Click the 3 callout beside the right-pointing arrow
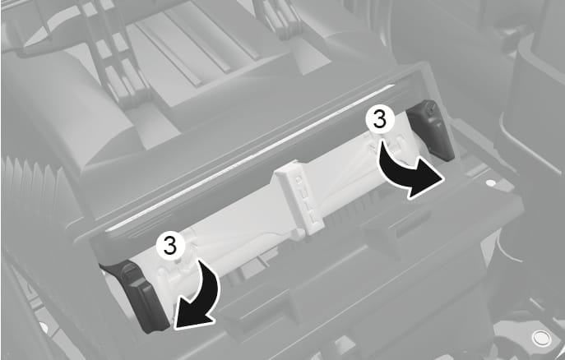[380, 120]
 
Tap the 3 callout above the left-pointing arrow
[170, 247]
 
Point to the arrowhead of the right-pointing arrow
[426, 183]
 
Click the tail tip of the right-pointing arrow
[382, 141]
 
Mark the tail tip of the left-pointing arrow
[198, 261]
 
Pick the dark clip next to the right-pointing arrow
[431, 130]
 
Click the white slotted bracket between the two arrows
[300, 196]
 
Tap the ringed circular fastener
[541, 338]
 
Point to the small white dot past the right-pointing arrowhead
[490, 183]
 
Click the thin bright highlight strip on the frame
[248, 159]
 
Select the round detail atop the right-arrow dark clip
[428, 106]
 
